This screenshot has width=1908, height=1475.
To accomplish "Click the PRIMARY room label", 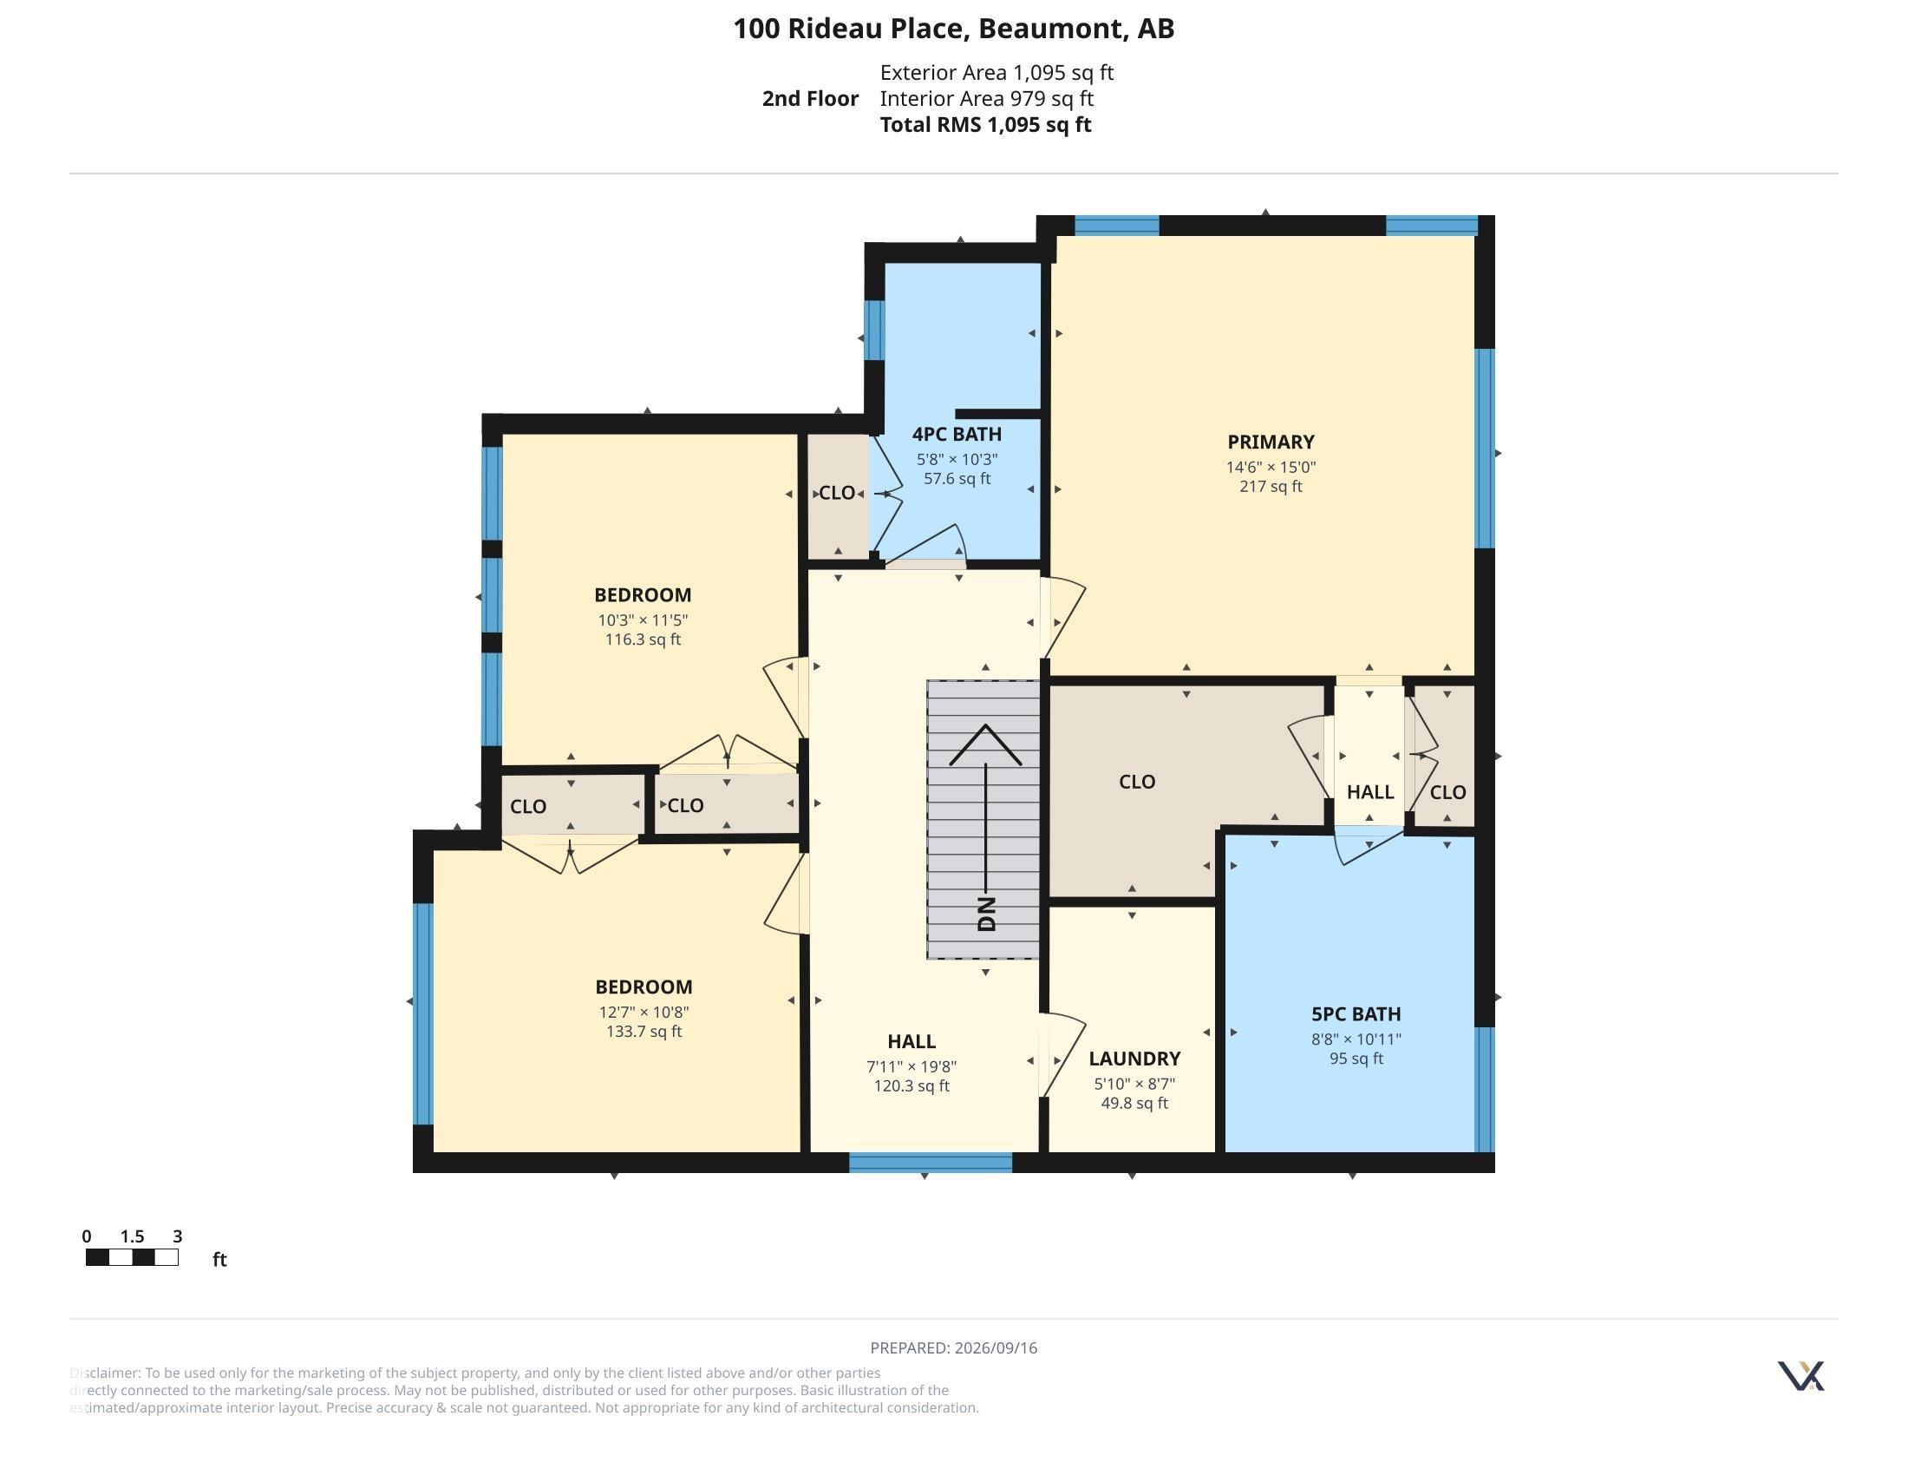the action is (x=1271, y=442).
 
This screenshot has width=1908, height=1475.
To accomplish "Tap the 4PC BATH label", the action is (x=957, y=435).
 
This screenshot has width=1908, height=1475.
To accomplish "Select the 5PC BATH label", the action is (x=1356, y=1013).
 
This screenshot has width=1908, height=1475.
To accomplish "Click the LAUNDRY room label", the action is (x=1134, y=1059).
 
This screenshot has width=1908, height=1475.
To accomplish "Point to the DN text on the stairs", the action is (x=986, y=914).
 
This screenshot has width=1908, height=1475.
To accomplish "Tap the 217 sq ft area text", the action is (x=1271, y=486).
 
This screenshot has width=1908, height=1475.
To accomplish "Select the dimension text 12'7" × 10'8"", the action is (x=644, y=1012).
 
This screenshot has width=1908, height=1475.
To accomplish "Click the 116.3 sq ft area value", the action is (x=643, y=639).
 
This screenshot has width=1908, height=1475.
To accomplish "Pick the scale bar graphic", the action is (x=132, y=1257).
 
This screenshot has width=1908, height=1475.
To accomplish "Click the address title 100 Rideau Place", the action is (x=850, y=29).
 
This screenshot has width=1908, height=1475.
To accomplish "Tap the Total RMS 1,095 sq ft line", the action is (x=985, y=124).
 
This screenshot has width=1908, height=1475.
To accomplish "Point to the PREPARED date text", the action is (x=954, y=1347).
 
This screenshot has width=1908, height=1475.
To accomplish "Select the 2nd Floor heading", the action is (x=810, y=99).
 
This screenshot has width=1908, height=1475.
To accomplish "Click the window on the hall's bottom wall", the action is (x=931, y=1162).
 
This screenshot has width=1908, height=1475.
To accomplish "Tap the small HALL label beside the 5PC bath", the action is (x=1369, y=791).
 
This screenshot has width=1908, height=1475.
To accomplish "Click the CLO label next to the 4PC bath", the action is (x=836, y=493).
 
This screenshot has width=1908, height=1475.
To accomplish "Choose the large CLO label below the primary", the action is (x=1137, y=781).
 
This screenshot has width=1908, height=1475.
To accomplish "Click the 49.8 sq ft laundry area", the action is (x=1134, y=1103).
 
